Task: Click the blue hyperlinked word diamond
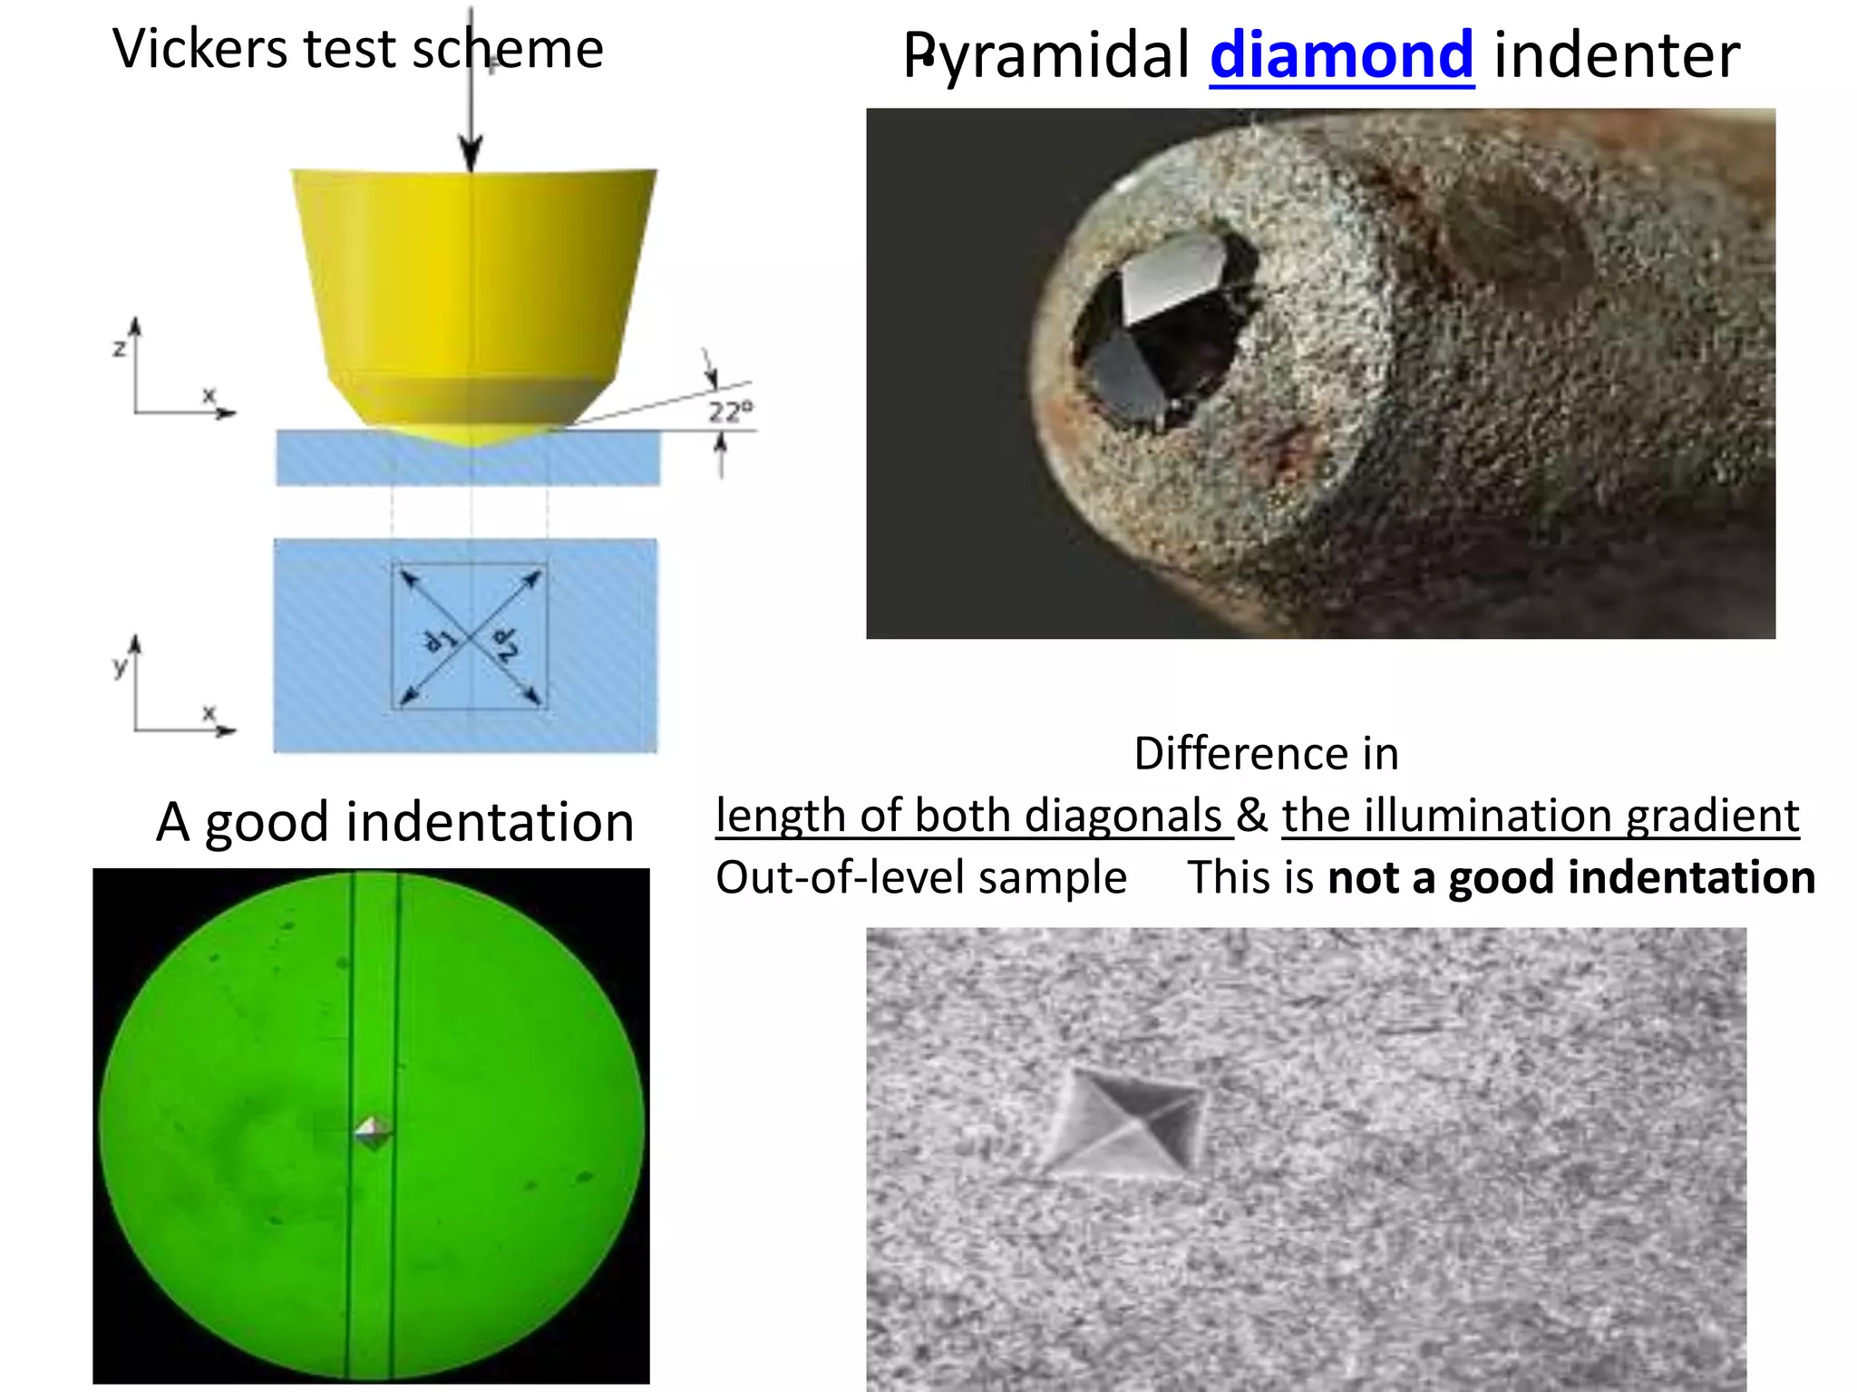(1341, 56)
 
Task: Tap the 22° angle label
(730, 412)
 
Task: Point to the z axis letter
(119, 348)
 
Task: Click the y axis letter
(120, 667)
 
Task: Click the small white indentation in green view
(373, 1132)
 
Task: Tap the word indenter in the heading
(1616, 56)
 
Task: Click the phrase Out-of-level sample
(920, 877)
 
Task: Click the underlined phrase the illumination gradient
(1540, 816)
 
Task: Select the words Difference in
(1266, 754)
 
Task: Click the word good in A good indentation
(266, 823)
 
